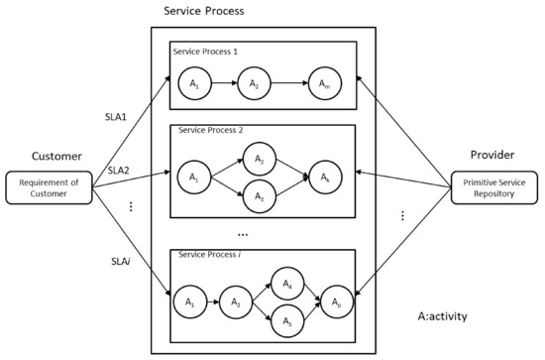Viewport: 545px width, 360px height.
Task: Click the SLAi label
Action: click(x=121, y=261)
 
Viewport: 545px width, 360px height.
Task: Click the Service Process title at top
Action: click(x=204, y=12)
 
